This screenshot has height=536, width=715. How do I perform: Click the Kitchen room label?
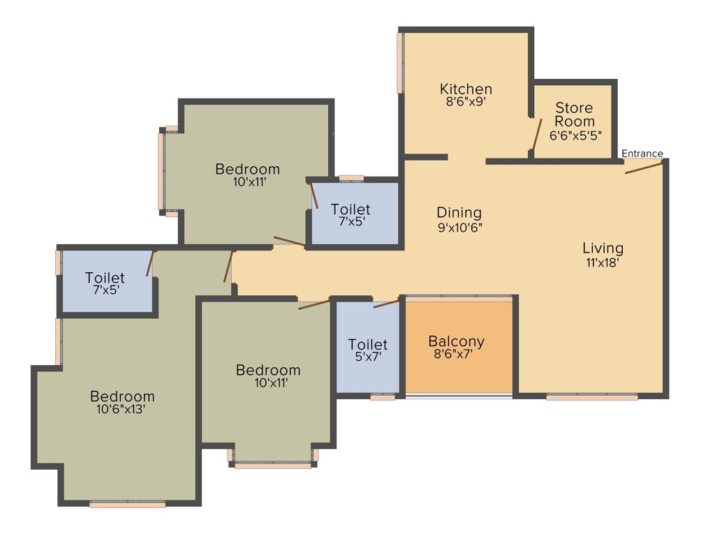(466, 89)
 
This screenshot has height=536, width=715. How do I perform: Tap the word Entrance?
(642, 154)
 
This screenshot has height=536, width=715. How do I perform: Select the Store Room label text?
(574, 114)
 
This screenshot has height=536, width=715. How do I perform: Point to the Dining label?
(459, 212)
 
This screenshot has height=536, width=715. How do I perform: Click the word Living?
(603, 248)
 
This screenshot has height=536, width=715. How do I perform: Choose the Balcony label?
(456, 341)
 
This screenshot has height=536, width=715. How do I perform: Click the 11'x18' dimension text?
(603, 263)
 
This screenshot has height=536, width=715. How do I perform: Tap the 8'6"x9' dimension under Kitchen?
(466, 101)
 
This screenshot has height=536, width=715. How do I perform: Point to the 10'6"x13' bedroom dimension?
(121, 410)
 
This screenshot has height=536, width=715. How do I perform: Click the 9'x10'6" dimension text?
(459, 227)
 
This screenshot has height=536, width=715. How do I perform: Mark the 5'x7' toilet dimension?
(367, 357)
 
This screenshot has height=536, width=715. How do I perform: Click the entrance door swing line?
(643, 167)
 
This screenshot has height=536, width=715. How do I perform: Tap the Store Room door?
(536, 135)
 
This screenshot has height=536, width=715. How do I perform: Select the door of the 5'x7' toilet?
(386, 303)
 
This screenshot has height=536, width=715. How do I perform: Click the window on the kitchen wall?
(401, 63)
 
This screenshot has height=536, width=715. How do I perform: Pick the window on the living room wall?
(591, 397)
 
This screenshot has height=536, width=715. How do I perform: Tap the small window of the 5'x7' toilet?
(382, 397)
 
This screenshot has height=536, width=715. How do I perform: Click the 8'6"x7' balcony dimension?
(456, 355)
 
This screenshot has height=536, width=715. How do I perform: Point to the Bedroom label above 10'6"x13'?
(121, 396)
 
